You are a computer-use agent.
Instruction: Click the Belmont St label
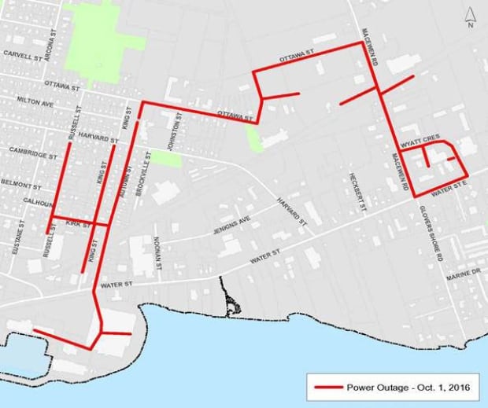pos(21,187)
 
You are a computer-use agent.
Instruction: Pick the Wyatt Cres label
pos(419,138)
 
